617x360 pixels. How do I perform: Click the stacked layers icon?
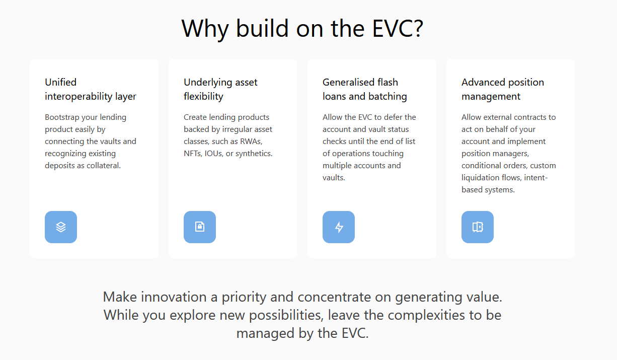pyautogui.click(x=61, y=227)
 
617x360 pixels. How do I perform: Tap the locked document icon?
pyautogui.click(x=200, y=227)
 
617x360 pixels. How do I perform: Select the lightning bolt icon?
pyautogui.click(x=339, y=228)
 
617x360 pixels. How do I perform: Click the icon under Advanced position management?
pyautogui.click(x=478, y=227)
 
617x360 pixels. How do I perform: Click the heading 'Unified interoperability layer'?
pyautogui.click(x=91, y=89)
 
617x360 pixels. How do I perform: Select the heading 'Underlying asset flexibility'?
pyautogui.click(x=220, y=89)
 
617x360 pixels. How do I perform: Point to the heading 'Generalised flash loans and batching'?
pyautogui.click(x=365, y=89)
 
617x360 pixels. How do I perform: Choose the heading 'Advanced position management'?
pyautogui.click(x=503, y=89)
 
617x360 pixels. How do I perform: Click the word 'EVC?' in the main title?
pyautogui.click(x=398, y=28)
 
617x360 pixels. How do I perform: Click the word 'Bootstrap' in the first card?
pyautogui.click(x=62, y=117)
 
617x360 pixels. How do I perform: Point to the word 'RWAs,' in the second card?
pyautogui.click(x=251, y=141)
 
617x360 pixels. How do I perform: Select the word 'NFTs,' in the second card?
pyautogui.click(x=193, y=154)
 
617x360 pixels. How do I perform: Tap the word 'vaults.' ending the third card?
pyautogui.click(x=334, y=178)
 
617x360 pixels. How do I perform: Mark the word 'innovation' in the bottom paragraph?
pyautogui.click(x=174, y=297)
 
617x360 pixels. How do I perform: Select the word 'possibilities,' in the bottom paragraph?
pyautogui.click(x=286, y=316)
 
